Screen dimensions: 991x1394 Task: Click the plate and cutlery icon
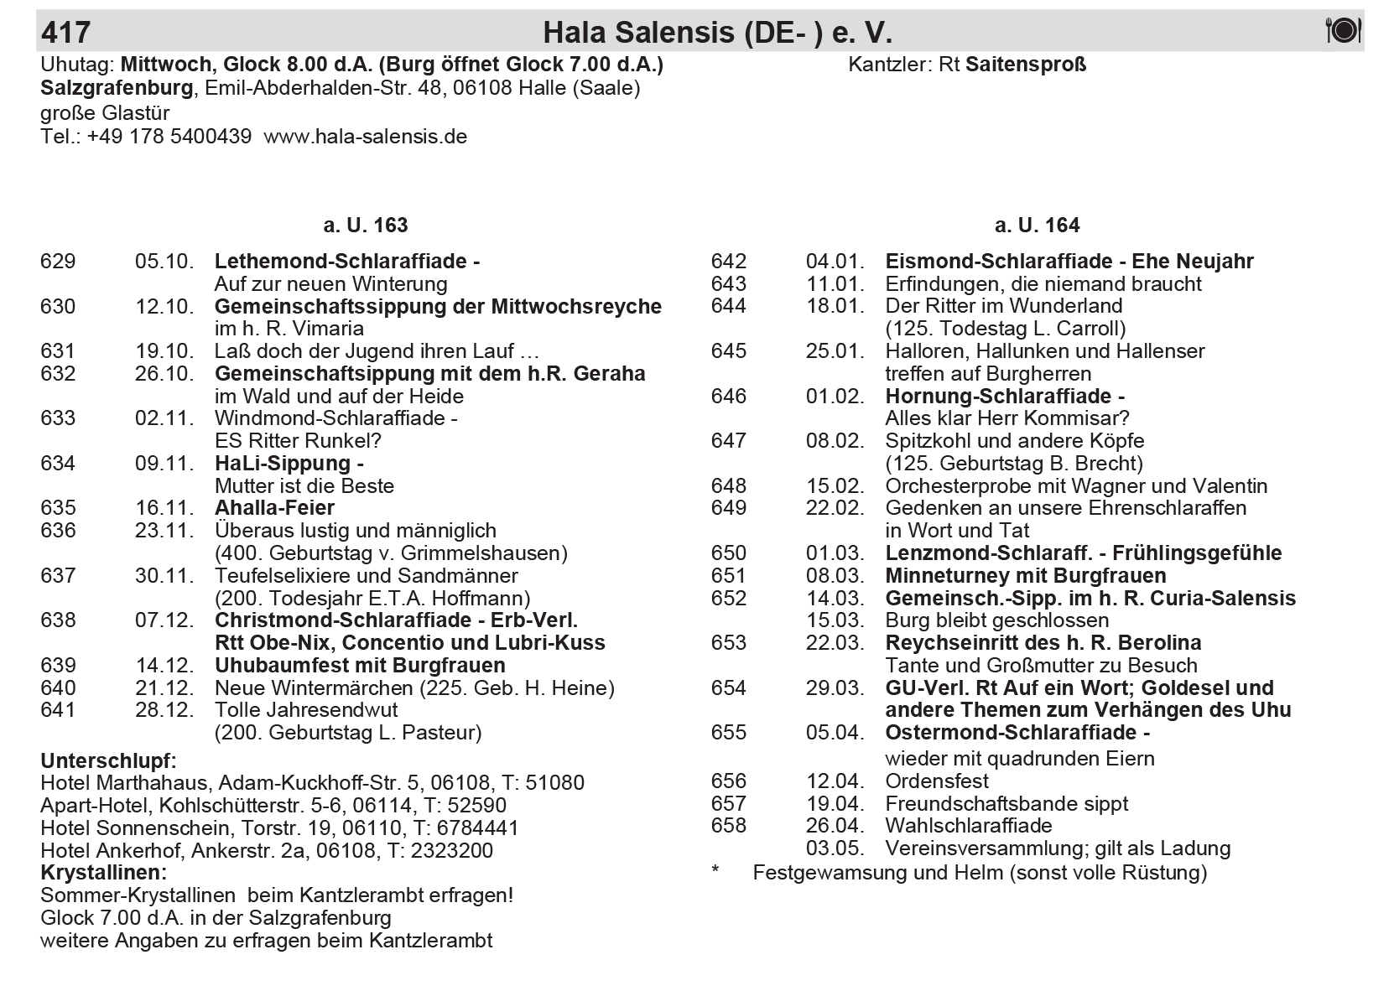(1343, 31)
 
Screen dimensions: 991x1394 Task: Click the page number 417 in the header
(65, 33)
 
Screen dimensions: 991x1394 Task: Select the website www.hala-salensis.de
(365, 137)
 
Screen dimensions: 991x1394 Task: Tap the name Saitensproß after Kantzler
(1026, 65)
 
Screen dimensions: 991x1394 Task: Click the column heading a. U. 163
(366, 226)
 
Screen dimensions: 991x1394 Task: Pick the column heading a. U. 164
(1037, 226)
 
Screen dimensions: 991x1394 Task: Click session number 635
(58, 508)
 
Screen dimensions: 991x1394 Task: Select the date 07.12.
(164, 620)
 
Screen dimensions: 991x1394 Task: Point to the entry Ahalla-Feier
(274, 508)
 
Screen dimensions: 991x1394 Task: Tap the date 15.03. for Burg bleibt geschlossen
(835, 620)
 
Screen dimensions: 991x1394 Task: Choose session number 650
(729, 553)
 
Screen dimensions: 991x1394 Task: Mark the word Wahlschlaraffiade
(969, 826)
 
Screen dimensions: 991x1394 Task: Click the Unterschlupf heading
(108, 761)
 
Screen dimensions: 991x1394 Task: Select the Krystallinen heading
(103, 873)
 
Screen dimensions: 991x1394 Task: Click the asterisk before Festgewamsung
(715, 872)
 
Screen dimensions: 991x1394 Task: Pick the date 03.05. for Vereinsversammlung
(835, 848)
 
